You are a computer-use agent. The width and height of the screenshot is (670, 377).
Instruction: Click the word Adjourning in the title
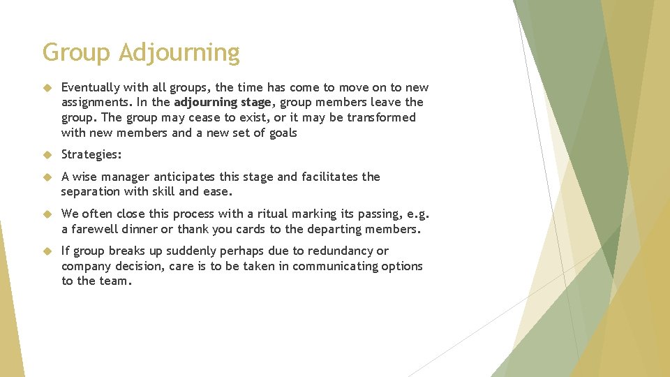point(179,53)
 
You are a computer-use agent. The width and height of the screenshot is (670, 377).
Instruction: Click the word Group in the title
point(77,53)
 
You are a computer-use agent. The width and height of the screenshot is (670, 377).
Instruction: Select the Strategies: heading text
point(91,155)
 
